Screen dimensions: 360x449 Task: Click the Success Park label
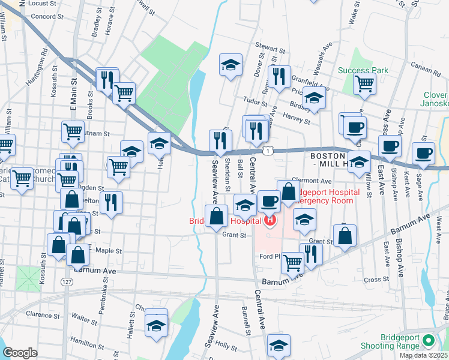(363, 70)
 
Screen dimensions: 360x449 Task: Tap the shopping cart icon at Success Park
(364, 85)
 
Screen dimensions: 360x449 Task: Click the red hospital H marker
(270, 220)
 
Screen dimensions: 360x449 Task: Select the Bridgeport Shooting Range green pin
(428, 341)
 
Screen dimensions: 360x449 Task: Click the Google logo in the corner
(20, 353)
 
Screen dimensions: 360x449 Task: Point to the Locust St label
(41, 3)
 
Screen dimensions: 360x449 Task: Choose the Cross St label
(376, 280)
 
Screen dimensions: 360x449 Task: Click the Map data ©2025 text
(424, 355)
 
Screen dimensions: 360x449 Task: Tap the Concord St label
(43, 16)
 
